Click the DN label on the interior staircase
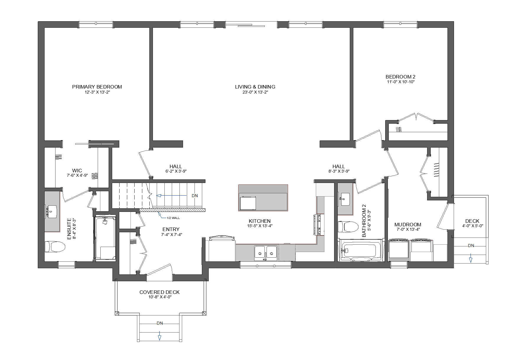coord(195,196)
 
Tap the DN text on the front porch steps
coord(160,323)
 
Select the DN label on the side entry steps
coord(471,246)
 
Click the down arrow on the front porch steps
coord(160,337)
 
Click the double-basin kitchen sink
coord(266,252)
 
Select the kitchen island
coord(263,198)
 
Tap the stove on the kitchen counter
coord(319,225)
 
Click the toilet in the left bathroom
coord(55,247)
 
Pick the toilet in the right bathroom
coord(348,227)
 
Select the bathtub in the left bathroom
coord(105,238)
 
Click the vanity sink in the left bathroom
coord(52,212)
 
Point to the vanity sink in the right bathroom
coord(345,199)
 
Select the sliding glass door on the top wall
coord(251,24)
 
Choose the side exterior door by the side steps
coord(446,216)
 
